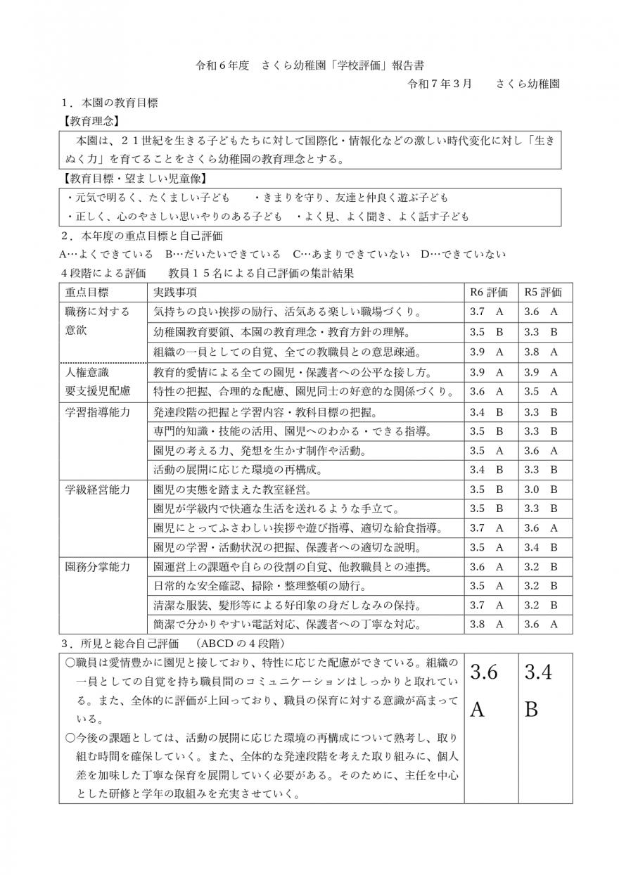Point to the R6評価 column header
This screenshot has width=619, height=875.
[489, 292]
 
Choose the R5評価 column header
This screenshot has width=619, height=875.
[542, 292]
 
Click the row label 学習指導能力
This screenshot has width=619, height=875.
[98, 412]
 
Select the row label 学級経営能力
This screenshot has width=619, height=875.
[98, 490]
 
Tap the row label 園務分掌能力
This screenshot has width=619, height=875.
[98, 566]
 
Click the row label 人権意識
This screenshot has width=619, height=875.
[87, 371]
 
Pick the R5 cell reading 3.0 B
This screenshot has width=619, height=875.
[541, 490]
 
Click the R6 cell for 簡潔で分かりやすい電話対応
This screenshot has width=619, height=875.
[487, 623]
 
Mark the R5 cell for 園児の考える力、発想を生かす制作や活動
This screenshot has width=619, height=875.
[541, 450]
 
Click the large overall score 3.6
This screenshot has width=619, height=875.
[483, 672]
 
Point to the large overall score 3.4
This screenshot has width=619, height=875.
[538, 672]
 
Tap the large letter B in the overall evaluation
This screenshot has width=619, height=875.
[532, 709]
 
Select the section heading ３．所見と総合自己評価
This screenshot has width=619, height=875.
[173, 643]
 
